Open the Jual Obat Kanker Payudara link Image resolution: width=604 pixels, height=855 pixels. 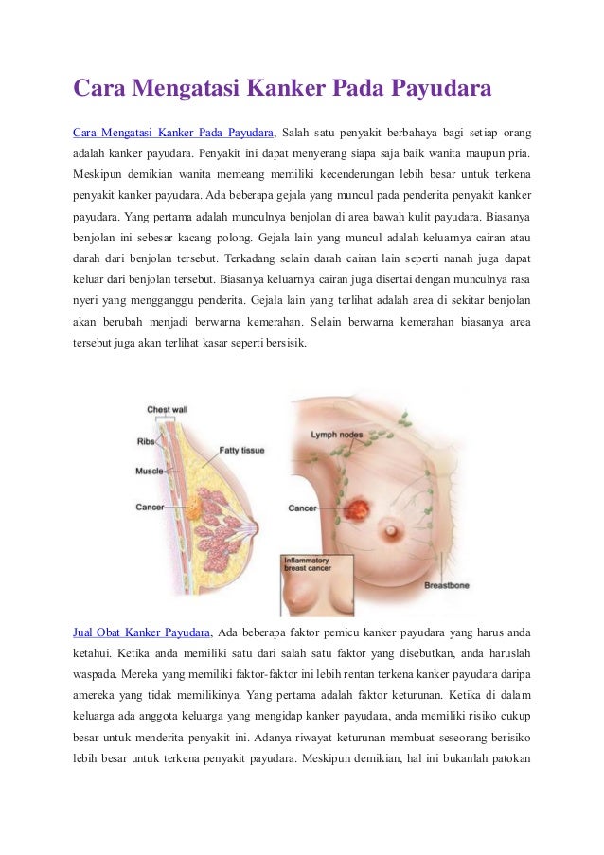pos(142,632)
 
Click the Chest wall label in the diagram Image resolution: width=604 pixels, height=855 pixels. pos(166,410)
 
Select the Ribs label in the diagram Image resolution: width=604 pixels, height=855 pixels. pos(146,441)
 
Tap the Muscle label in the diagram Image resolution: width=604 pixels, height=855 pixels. pos(150,471)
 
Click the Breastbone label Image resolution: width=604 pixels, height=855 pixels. pos(448,585)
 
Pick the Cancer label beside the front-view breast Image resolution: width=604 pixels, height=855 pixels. pos(303,508)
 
